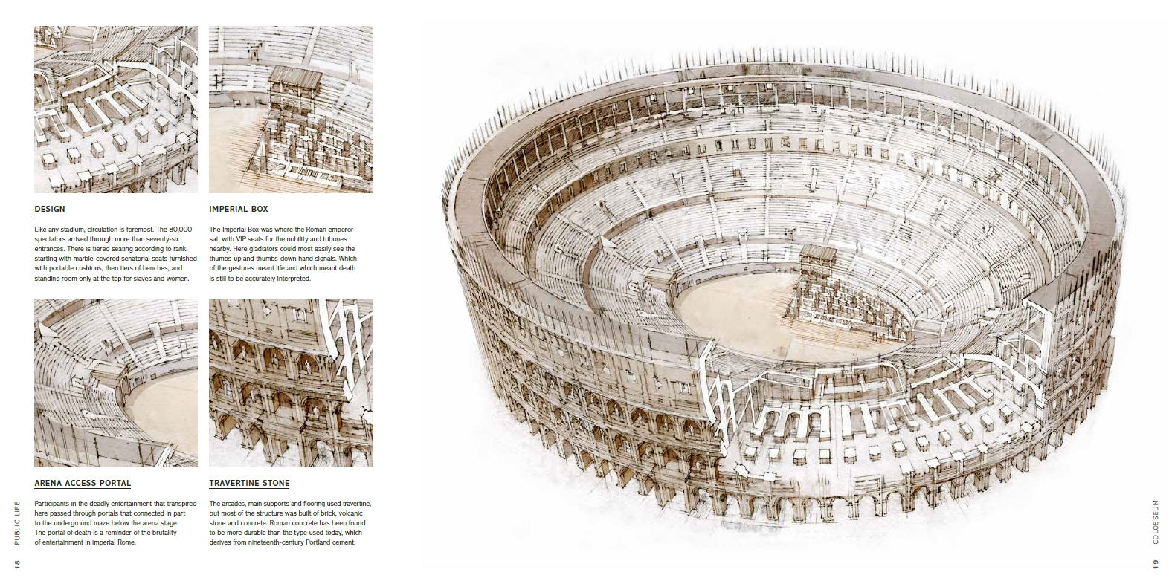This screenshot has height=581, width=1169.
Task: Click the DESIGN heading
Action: pyautogui.click(x=50, y=209)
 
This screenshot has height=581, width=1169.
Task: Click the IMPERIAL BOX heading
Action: pyautogui.click(x=239, y=209)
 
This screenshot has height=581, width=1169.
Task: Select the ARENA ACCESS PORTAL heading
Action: pyautogui.click(x=83, y=484)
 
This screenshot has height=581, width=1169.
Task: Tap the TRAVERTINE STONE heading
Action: pyautogui.click(x=249, y=484)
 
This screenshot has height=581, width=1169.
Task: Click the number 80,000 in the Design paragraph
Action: pyautogui.click(x=181, y=230)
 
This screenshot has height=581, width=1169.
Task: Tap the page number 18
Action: pyautogui.click(x=16, y=565)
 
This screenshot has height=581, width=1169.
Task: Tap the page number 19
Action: pyautogui.click(x=1156, y=565)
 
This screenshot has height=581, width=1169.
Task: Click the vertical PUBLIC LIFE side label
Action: pyautogui.click(x=16, y=523)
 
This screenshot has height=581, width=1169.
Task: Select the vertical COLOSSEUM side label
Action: pyautogui.click(x=1156, y=522)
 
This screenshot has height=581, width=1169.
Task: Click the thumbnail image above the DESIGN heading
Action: pyautogui.click(x=116, y=109)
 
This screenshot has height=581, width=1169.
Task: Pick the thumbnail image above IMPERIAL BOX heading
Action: pyautogui.click(x=292, y=109)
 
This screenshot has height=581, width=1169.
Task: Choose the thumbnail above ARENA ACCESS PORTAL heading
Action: pyautogui.click(x=116, y=383)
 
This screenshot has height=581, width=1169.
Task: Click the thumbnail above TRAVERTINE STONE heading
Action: pyautogui.click(x=292, y=383)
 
